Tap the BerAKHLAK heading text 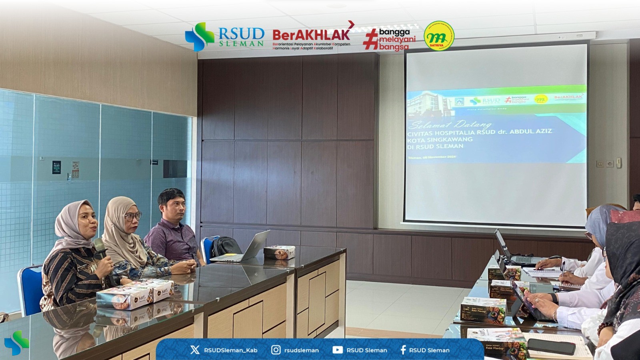pos(311,34)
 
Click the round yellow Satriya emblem pos(439,36)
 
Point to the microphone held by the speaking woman pos(100,248)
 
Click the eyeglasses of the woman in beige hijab pos(133,216)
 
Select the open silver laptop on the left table pos(244,248)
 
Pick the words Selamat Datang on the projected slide pos(450,124)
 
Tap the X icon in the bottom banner pos(195,350)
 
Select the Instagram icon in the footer pos(276,350)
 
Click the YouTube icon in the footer pos(337,350)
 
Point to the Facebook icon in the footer pos(403,350)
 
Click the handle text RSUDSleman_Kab pos(230,350)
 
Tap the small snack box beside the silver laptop pos(279,252)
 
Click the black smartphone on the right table pos(551,346)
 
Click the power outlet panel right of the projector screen pos(605,164)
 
